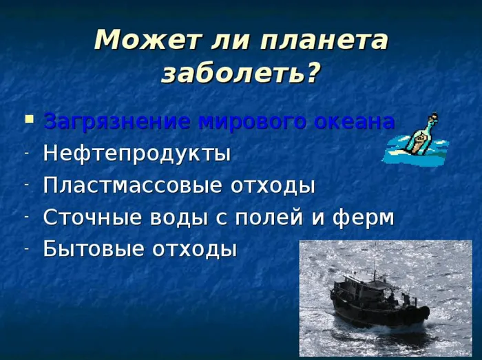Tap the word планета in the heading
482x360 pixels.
point(324,40)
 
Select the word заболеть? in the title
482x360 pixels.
point(239,74)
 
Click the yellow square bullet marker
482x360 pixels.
point(30,119)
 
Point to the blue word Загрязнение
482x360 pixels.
point(116,122)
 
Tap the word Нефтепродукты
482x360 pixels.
point(137,154)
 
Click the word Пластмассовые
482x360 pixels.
point(132,185)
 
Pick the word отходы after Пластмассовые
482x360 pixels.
point(273,186)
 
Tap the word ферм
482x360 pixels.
point(363,218)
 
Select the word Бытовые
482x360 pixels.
point(94,248)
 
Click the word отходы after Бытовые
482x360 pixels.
point(195,249)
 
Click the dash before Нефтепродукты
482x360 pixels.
point(28,153)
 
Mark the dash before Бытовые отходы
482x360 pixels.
point(28,248)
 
